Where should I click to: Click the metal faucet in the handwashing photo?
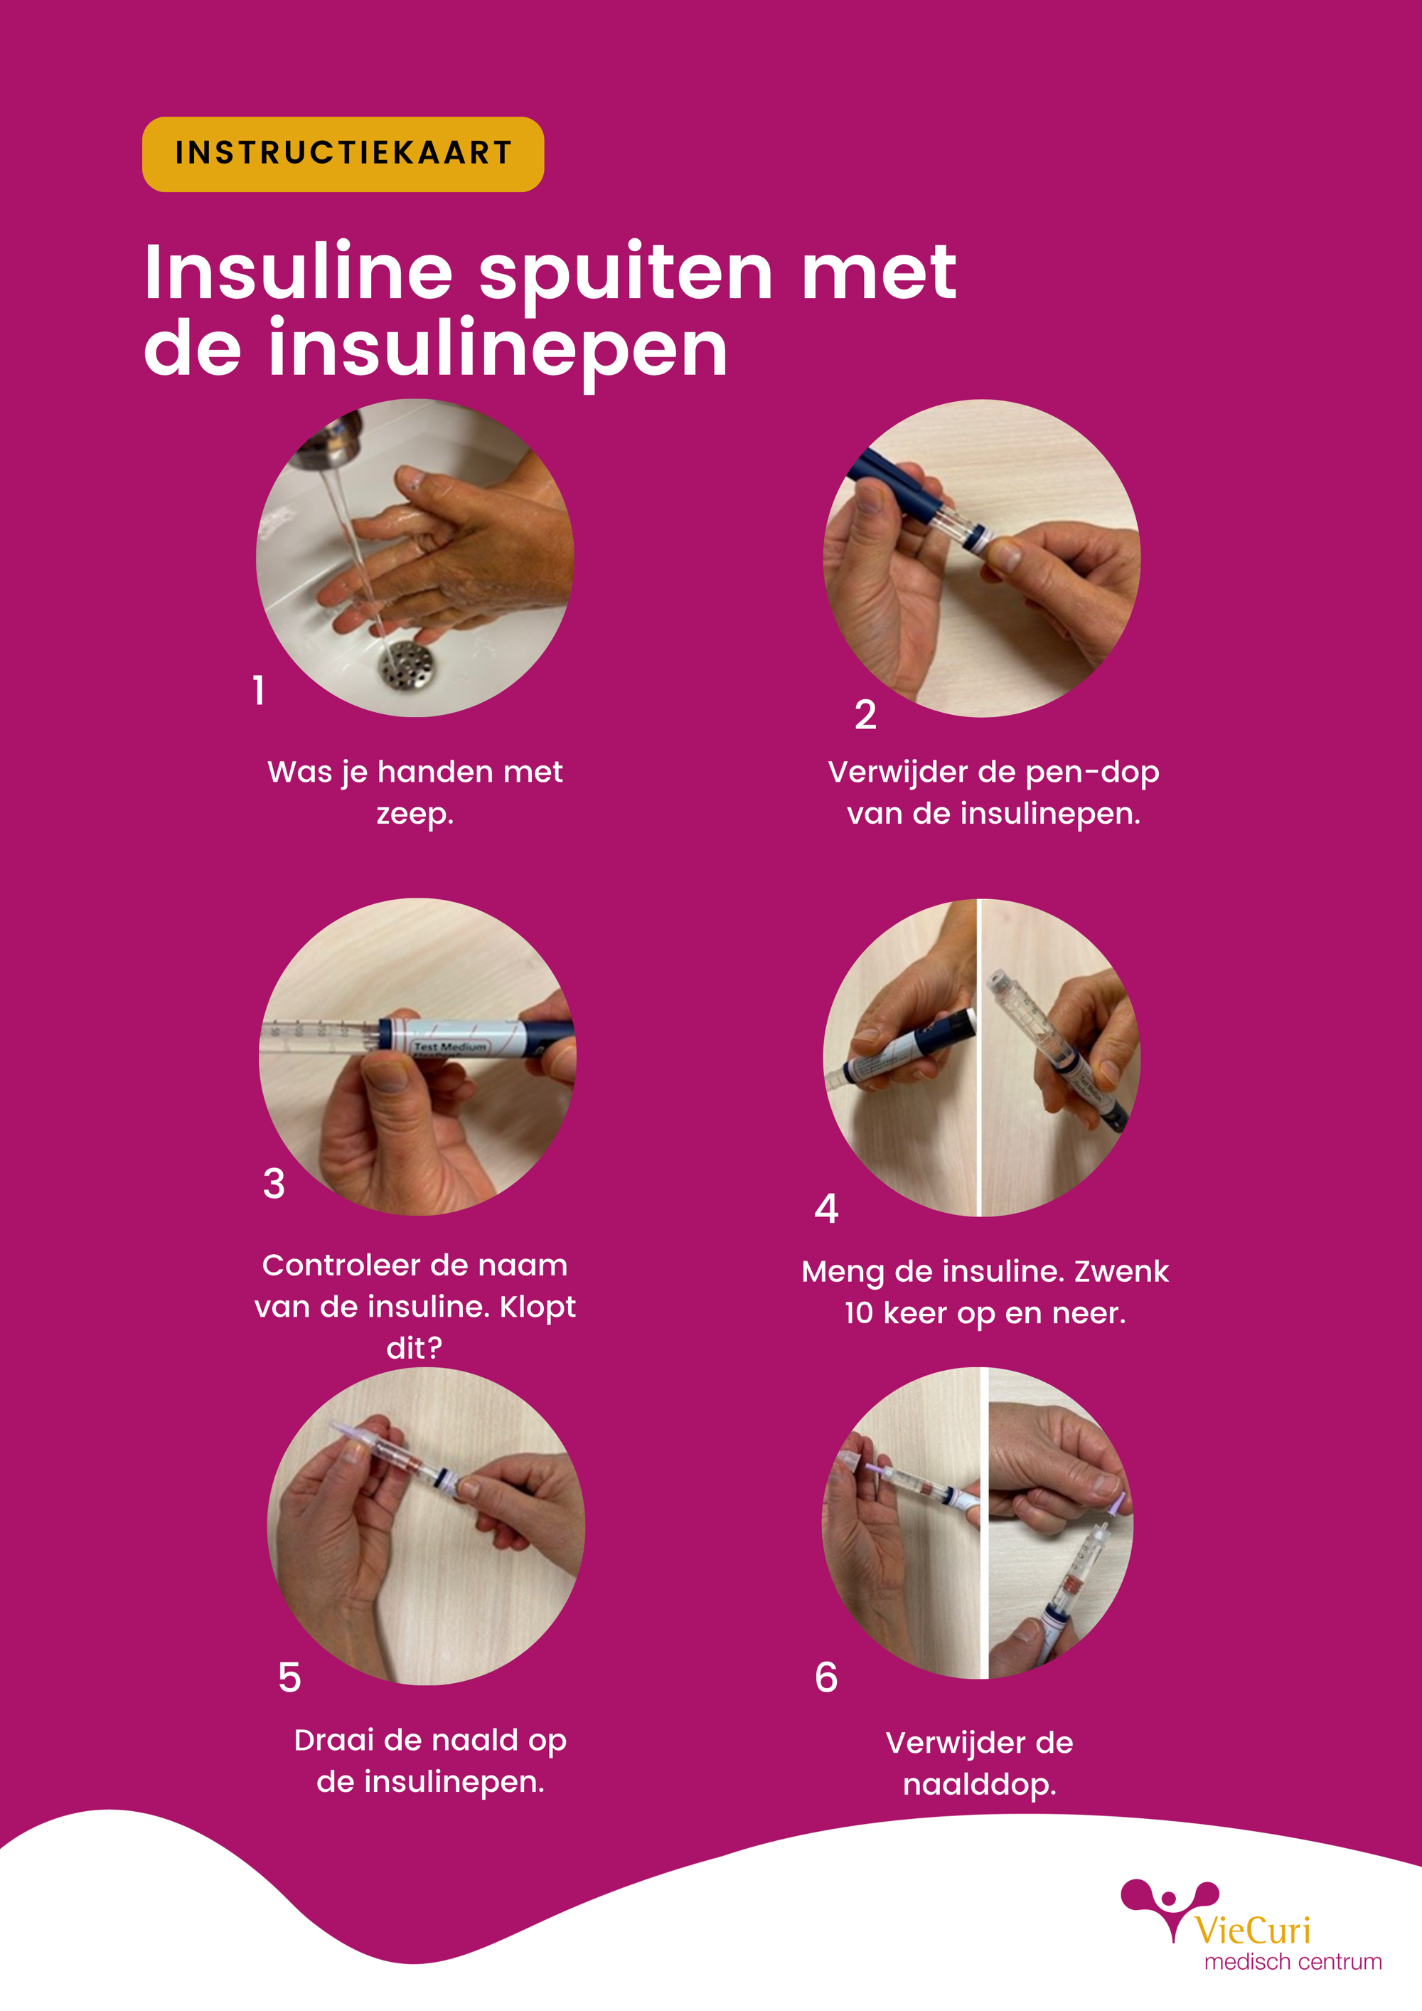point(328,438)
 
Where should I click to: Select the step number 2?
point(865,715)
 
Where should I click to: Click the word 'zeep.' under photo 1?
point(415,815)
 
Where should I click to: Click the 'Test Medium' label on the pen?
point(450,1046)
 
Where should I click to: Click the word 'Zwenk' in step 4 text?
point(1122,1271)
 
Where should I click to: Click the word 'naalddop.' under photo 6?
point(980,1784)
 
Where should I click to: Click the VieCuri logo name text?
point(1252,1931)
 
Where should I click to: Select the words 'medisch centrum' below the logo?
point(1293,1962)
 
